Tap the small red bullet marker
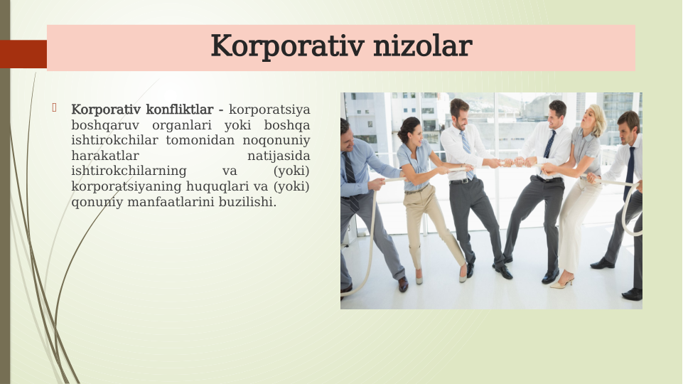point(54,108)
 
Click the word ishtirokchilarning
point(129,171)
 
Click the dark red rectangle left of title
point(23,54)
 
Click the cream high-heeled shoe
point(561,283)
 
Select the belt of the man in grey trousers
point(462,181)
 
